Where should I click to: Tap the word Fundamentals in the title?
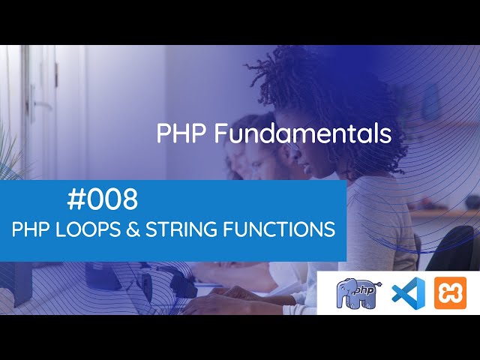[x=303, y=134]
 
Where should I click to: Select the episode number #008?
[x=102, y=200]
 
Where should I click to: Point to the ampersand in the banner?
[x=132, y=230]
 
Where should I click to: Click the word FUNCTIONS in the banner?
[x=279, y=230]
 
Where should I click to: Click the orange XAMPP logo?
[x=450, y=292]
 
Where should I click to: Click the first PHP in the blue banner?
[x=28, y=230]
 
